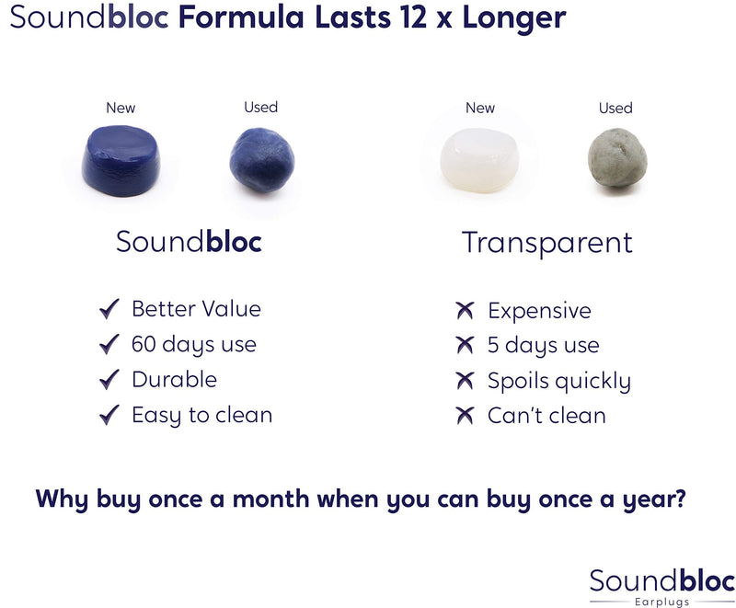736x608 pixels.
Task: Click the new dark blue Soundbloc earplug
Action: point(121,160)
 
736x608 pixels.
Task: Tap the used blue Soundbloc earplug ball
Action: point(261,160)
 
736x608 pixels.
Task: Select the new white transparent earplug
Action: point(478,161)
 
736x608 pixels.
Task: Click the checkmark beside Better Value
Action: point(109,309)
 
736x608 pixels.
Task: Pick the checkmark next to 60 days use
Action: point(109,345)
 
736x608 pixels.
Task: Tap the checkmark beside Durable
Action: point(109,379)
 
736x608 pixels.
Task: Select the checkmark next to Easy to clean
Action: point(109,415)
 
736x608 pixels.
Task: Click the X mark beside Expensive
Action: point(465,311)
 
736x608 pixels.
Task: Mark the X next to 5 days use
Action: point(465,346)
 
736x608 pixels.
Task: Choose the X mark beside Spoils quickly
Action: point(465,381)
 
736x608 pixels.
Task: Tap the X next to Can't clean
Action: point(465,416)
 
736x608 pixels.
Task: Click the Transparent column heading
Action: point(546,242)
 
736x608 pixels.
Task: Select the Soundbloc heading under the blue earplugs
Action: point(189,241)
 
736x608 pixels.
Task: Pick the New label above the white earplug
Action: point(479,108)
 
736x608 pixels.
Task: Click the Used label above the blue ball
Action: point(260,107)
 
